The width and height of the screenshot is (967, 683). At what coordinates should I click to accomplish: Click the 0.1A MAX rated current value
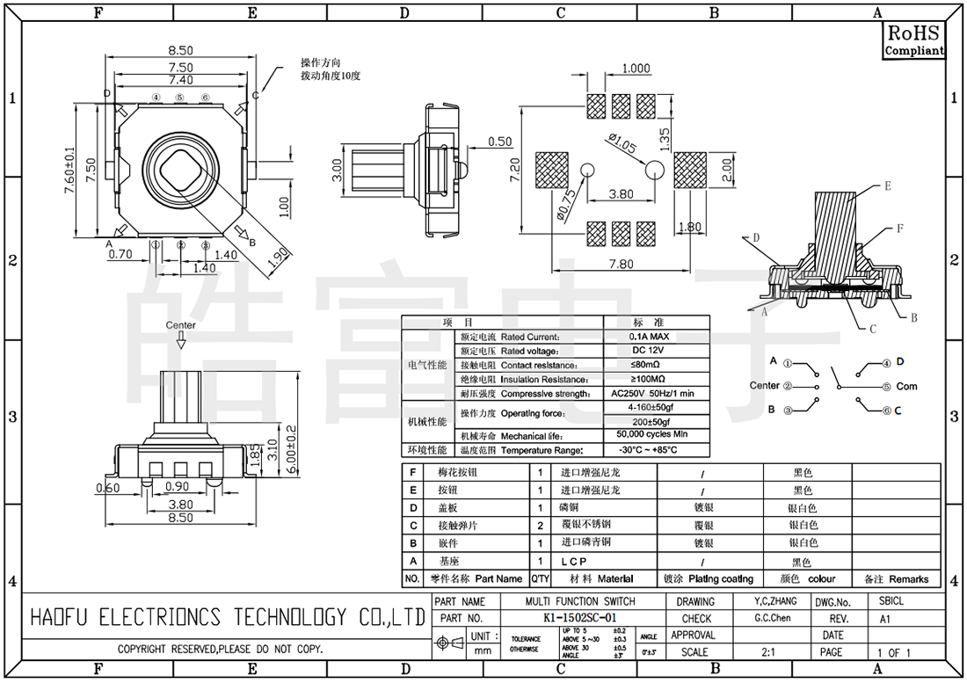(x=649, y=337)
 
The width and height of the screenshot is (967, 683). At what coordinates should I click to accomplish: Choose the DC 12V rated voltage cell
(x=649, y=350)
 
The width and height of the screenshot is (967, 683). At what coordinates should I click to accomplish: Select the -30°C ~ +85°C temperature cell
(x=649, y=450)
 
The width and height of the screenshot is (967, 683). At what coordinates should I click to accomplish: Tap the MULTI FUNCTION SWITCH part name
(x=579, y=602)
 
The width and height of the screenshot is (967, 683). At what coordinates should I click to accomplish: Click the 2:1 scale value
(x=767, y=652)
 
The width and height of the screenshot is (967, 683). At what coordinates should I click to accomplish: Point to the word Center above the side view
(x=181, y=325)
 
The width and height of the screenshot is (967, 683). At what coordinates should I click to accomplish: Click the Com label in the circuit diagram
(x=906, y=386)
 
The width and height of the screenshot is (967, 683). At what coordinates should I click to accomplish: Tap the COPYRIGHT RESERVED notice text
(x=221, y=650)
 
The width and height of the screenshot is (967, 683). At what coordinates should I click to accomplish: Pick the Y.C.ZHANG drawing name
(x=775, y=601)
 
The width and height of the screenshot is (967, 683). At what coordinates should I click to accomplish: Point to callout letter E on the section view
(x=888, y=186)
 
